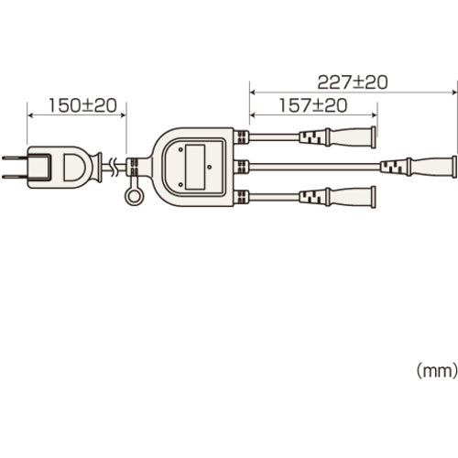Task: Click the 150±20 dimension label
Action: click(x=82, y=105)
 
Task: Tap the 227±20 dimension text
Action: click(x=353, y=82)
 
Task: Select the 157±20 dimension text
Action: click(x=313, y=105)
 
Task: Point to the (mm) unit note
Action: click(x=437, y=370)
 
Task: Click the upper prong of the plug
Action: click(x=15, y=158)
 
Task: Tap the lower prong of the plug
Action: click(x=15, y=177)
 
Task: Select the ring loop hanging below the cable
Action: click(x=135, y=197)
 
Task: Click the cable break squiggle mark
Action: click(x=114, y=168)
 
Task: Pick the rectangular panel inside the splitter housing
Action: click(x=195, y=167)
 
